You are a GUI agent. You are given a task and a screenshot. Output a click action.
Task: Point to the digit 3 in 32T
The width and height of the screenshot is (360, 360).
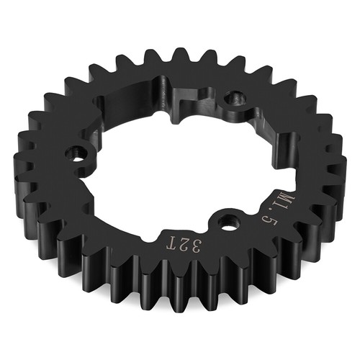[196, 246]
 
